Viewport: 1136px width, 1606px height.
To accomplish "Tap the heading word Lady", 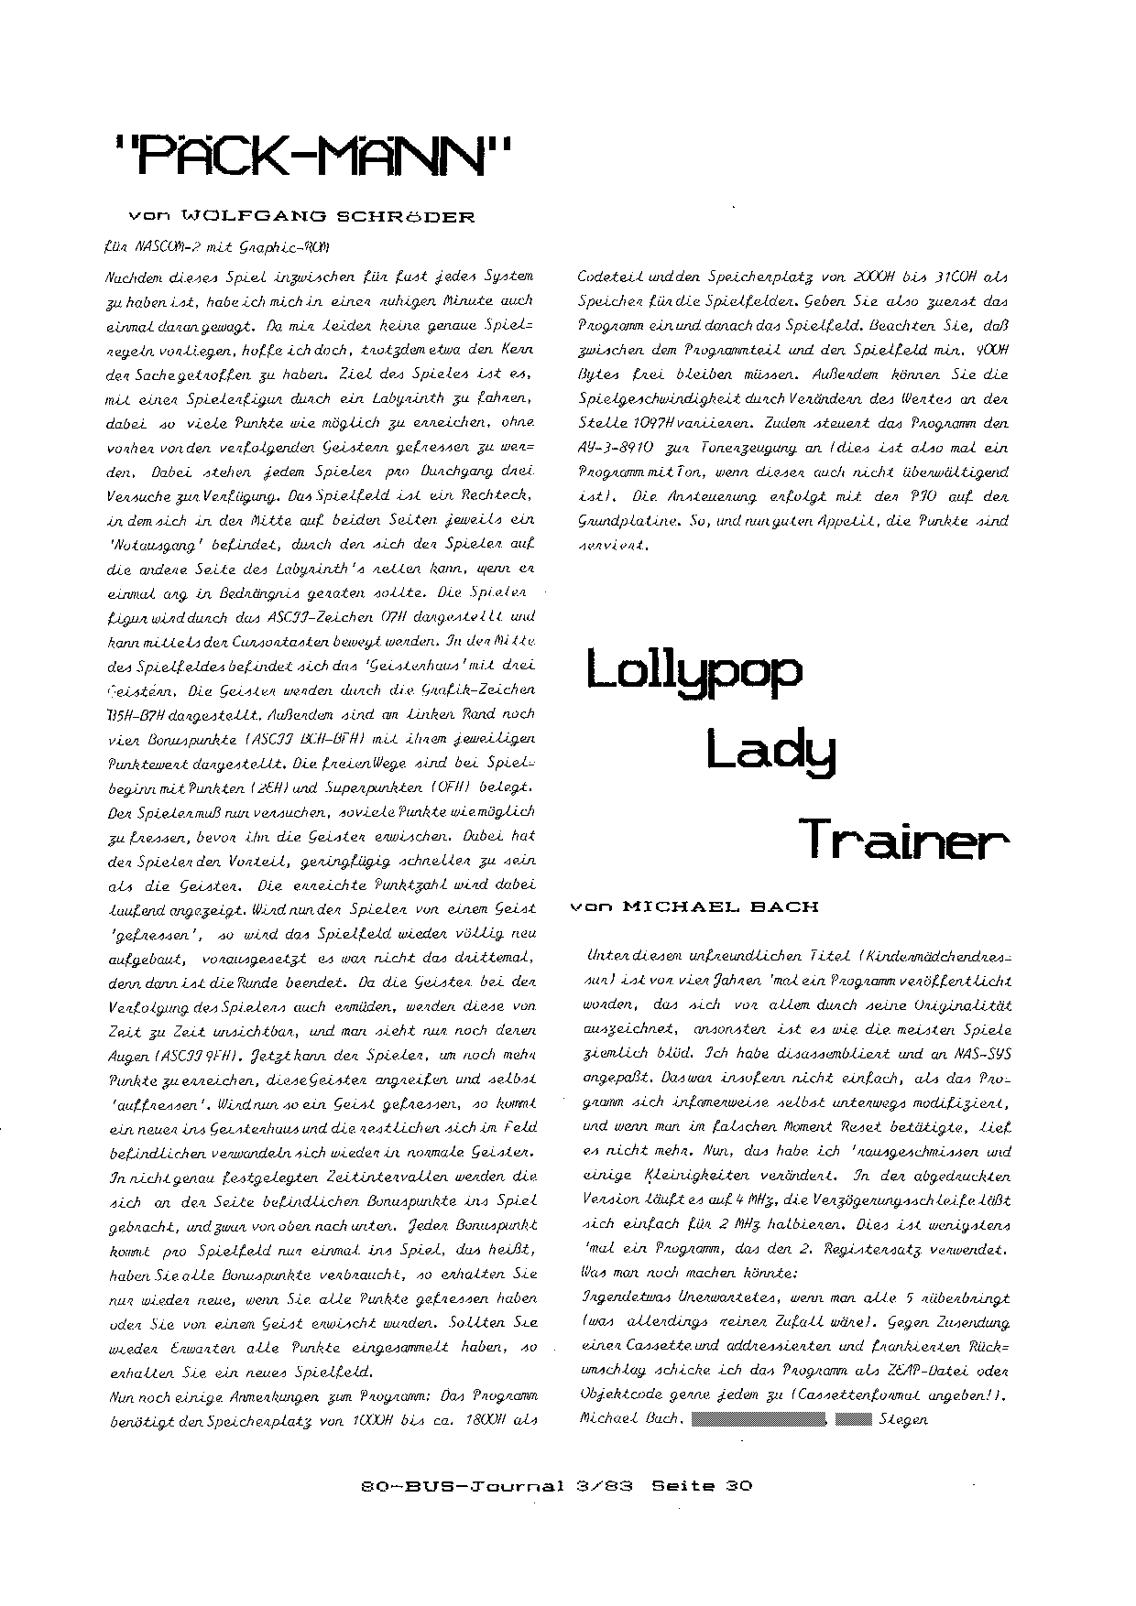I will click(x=772, y=754).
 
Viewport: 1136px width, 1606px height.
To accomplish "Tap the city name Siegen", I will click(x=903, y=1420).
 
